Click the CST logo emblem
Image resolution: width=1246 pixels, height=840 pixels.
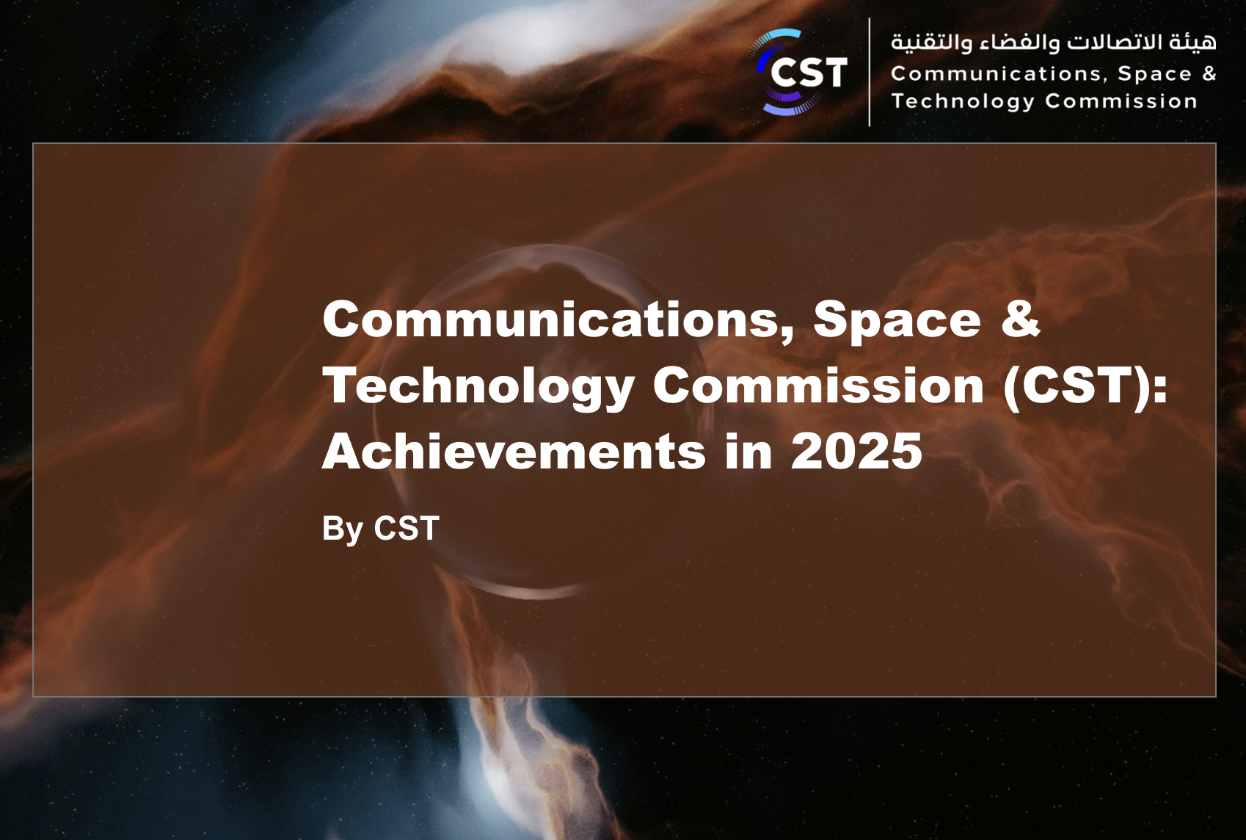pos(797,73)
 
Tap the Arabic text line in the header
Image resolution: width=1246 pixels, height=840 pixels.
pos(1054,43)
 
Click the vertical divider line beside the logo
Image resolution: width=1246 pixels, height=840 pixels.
pos(870,73)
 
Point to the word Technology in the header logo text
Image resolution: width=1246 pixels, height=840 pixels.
pos(963,101)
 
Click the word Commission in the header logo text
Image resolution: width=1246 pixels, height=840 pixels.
pos(1121,101)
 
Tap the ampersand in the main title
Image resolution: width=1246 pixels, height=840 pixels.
pos(1020,318)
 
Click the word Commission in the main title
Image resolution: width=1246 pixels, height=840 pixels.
pos(819,385)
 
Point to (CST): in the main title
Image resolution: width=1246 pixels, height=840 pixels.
pos(1085,386)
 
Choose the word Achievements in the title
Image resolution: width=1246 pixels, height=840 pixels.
pos(514,451)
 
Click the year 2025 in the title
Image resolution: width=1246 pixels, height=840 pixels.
pos(856,451)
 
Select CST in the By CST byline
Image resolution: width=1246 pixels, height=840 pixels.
pos(407,528)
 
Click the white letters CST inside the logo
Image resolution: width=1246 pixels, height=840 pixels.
pos(809,73)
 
